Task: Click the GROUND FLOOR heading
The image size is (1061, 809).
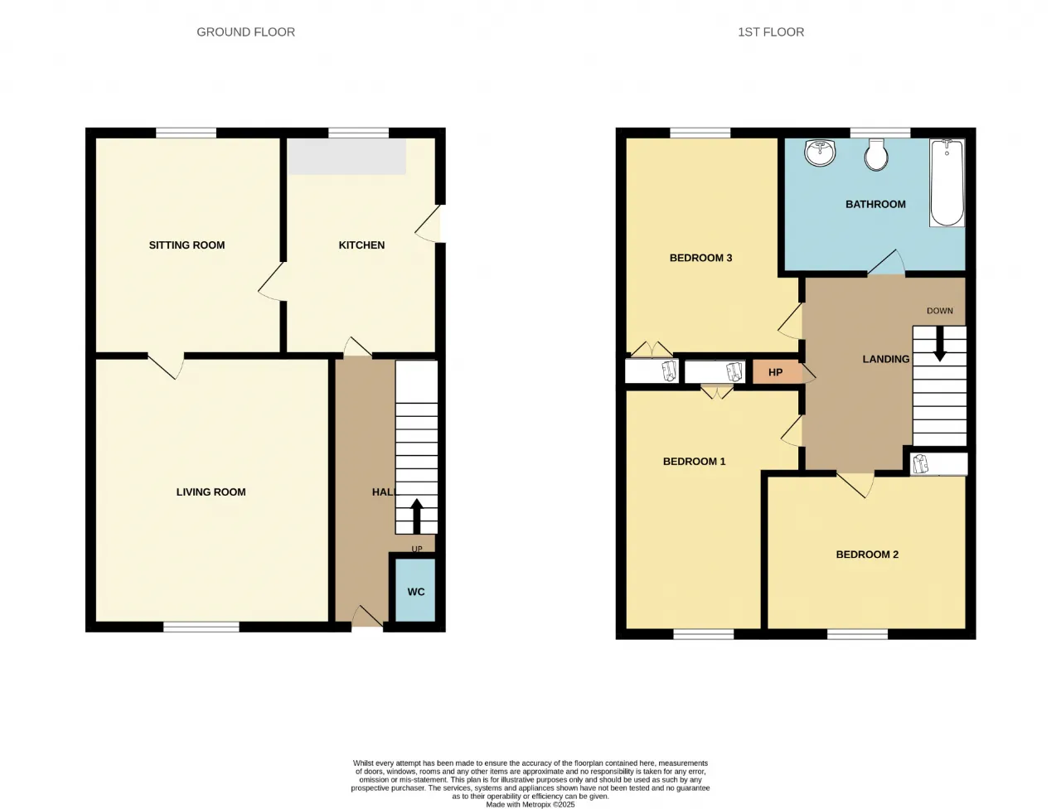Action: (x=245, y=31)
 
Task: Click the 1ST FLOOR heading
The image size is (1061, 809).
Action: (x=771, y=31)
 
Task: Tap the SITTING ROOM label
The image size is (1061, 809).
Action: (x=187, y=245)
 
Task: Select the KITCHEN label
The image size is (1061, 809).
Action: (x=361, y=245)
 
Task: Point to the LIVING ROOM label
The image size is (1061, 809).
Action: (x=211, y=492)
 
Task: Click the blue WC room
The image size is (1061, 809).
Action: (x=416, y=590)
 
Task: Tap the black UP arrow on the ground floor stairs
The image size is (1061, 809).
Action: (x=417, y=516)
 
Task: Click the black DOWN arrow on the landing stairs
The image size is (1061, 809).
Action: (x=940, y=344)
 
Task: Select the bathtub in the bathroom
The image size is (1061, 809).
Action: (x=947, y=182)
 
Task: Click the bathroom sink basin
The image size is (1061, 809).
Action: (x=820, y=153)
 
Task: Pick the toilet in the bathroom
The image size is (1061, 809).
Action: (x=876, y=155)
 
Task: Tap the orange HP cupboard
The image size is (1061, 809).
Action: (x=777, y=372)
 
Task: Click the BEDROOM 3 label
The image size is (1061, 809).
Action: (x=701, y=258)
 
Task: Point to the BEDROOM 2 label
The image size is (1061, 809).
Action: (x=867, y=555)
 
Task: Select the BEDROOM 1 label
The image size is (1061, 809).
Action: (x=694, y=462)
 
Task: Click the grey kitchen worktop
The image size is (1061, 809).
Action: (x=346, y=157)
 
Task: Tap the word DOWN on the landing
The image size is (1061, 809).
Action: (x=940, y=311)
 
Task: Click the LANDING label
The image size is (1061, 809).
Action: (x=886, y=359)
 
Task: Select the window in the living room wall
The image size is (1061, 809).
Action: (x=201, y=627)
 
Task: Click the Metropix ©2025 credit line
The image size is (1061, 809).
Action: (x=530, y=805)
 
